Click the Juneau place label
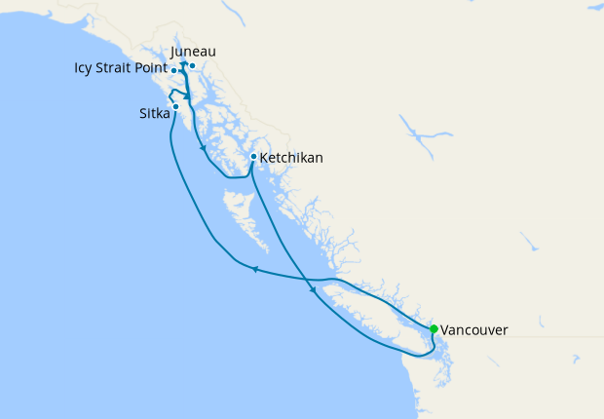pos(192,52)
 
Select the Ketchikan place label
pos(292,157)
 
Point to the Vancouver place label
pos(473,330)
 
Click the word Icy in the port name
pos(85,69)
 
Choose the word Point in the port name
pos(151,69)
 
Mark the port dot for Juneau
pos(193,66)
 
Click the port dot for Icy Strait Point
pos(173,71)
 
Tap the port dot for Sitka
pos(175,106)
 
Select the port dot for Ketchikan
pos(253,156)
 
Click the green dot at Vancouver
pos(434,328)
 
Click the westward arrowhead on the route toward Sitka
pos(253,269)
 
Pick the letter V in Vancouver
pos(445,330)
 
